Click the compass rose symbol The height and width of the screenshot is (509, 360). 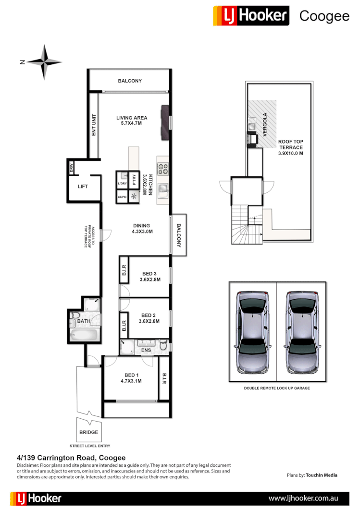(44, 62)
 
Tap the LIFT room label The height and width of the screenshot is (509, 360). (83, 186)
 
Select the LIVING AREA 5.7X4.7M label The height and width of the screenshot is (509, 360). (132, 121)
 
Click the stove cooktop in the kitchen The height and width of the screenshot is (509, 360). (163, 169)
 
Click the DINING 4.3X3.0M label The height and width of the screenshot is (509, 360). (141, 229)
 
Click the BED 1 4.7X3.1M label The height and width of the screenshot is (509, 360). (130, 378)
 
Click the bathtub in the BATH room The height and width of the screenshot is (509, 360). (84, 334)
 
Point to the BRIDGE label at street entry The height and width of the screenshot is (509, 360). (88, 432)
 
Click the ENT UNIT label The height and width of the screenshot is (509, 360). (94, 124)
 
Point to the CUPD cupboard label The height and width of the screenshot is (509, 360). (122, 197)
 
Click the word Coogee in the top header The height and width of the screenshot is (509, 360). (324, 16)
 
